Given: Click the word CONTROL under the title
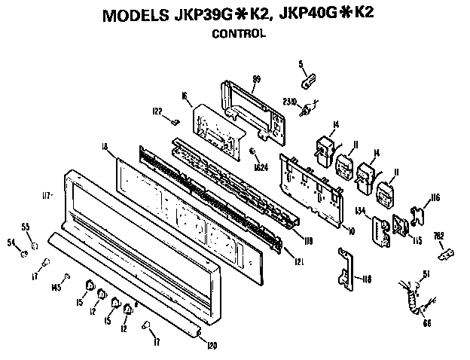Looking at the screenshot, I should [238, 33].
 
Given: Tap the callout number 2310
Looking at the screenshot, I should [290, 99].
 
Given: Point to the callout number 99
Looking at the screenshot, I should [256, 79].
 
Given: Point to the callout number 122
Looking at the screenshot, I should [157, 111].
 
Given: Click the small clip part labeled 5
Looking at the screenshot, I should [309, 78].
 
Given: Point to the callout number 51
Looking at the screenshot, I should [426, 273].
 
